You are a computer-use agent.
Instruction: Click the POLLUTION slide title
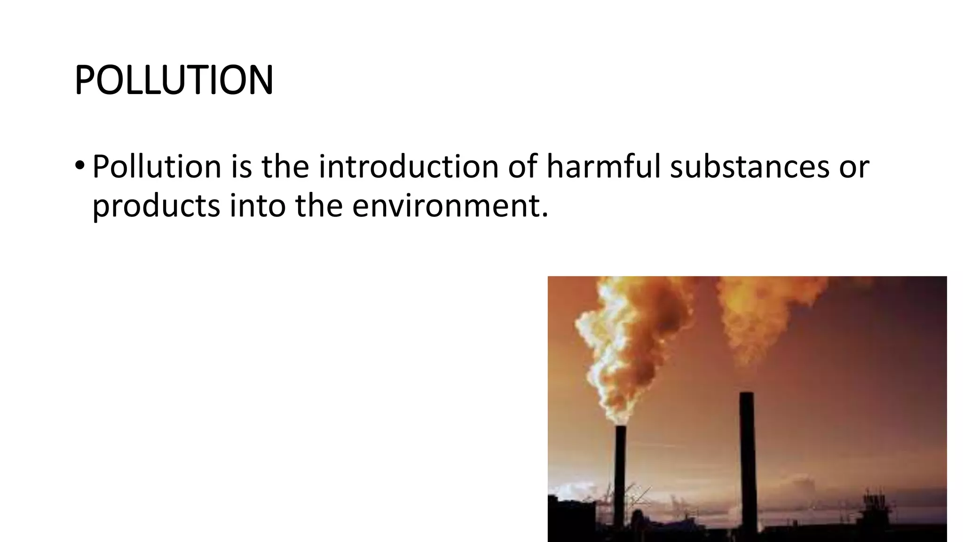coord(174,80)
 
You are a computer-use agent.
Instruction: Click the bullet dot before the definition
coord(79,166)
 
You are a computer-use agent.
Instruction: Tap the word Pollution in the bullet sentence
coord(157,167)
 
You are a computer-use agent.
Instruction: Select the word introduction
coord(408,167)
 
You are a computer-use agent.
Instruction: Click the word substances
coord(750,167)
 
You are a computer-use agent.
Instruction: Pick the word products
coord(156,207)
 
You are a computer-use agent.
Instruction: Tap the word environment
coord(450,207)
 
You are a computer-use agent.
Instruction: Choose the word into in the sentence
coord(258,207)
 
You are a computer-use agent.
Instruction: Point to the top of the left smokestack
coord(620,428)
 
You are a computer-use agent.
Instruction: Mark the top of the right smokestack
coord(747,394)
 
